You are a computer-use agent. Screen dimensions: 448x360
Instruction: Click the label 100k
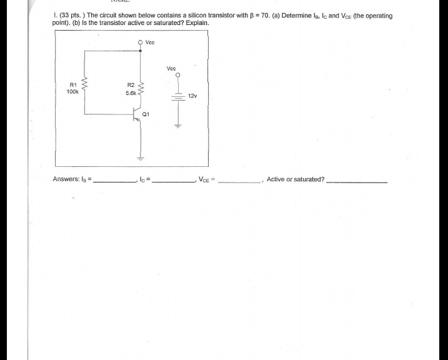tap(72, 91)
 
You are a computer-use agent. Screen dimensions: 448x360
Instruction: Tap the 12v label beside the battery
tap(193, 96)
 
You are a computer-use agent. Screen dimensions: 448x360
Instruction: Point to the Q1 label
tap(146, 114)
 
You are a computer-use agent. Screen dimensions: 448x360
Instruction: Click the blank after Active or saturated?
tap(357, 181)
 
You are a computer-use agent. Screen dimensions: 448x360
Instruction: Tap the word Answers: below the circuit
tap(66, 179)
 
